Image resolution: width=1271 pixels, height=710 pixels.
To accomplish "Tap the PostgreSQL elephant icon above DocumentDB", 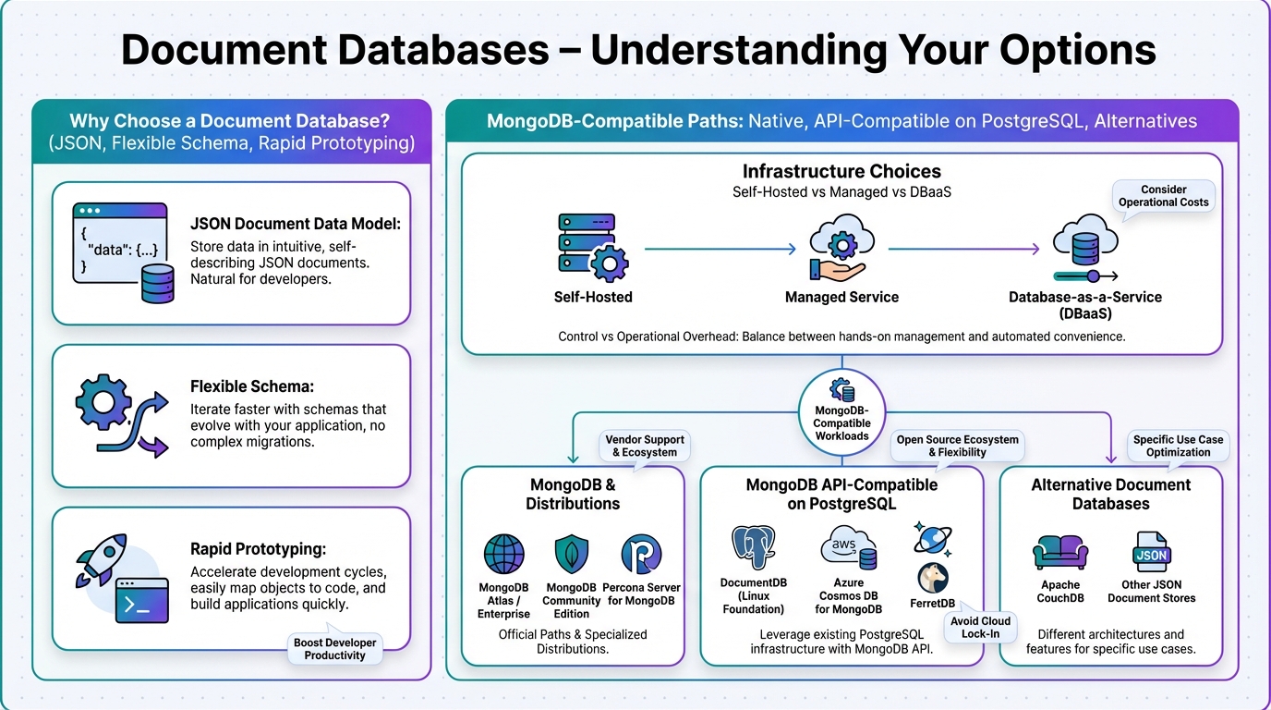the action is pyautogui.click(x=753, y=547).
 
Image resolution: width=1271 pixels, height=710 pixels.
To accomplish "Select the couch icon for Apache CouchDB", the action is pyautogui.click(x=1059, y=552).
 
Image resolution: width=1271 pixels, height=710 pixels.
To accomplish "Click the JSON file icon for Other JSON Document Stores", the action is pyautogui.click(x=1151, y=552).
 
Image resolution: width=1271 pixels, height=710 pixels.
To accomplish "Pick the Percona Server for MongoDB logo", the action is pyautogui.click(x=641, y=554).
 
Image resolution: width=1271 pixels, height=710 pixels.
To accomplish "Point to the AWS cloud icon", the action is pyautogui.click(x=848, y=547).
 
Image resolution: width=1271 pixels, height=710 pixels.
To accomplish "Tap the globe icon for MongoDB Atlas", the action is pyautogui.click(x=503, y=554).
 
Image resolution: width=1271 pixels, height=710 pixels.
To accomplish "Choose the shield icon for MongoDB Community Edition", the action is pyautogui.click(x=572, y=554).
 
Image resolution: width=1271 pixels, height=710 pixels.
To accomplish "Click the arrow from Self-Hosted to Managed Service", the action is pyautogui.click(x=720, y=249).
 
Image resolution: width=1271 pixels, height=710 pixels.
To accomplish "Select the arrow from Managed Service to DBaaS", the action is pyautogui.click(x=963, y=249).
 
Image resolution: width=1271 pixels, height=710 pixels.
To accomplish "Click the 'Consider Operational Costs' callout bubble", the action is pyautogui.click(x=1163, y=197).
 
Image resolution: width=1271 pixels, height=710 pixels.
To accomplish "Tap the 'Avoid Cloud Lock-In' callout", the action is pyautogui.click(x=980, y=627).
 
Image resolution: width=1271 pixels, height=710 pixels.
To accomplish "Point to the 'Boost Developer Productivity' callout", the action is pyautogui.click(x=334, y=648).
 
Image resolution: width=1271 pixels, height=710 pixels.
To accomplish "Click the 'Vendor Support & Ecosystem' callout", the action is pyautogui.click(x=645, y=447).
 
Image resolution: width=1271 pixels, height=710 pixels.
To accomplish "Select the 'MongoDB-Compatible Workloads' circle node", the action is pyautogui.click(x=841, y=411).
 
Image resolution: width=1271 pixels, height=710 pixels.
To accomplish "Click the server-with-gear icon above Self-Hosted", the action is pyautogui.click(x=593, y=248).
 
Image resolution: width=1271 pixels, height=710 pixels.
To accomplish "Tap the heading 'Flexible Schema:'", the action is pyautogui.click(x=252, y=386).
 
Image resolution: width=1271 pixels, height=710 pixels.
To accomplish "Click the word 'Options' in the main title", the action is pyautogui.click(x=1078, y=50).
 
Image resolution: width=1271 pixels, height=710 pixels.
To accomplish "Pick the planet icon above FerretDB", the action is pyautogui.click(x=932, y=538).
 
